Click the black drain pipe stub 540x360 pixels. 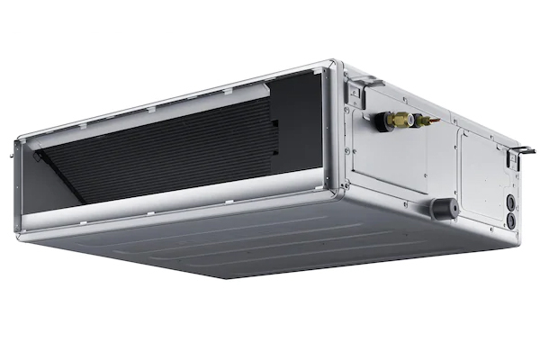pos(442,206)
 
